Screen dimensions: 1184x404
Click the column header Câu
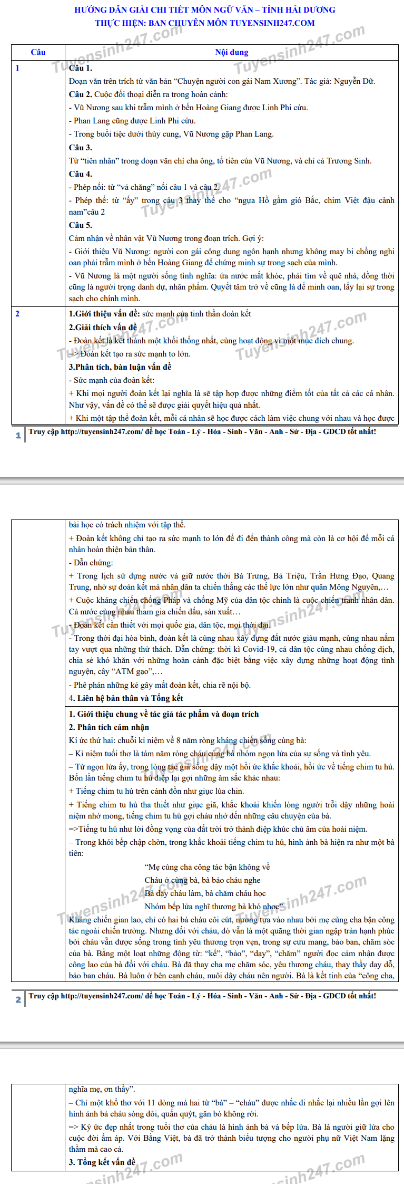[x=38, y=52]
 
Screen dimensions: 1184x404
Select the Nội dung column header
[x=231, y=52]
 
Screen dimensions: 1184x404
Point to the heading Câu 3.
[x=81, y=148]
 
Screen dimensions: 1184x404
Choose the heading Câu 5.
[x=81, y=225]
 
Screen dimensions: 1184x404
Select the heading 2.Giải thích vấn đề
[x=103, y=328]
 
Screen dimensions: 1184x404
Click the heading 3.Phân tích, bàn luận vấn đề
[x=120, y=367]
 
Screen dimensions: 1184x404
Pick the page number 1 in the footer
[x=18, y=435]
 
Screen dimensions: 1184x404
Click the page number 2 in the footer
[x=18, y=999]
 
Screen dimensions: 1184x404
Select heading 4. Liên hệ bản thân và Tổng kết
[x=126, y=698]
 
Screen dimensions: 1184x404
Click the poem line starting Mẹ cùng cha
[x=207, y=867]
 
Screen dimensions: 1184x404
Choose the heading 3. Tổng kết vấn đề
[x=102, y=1162]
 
